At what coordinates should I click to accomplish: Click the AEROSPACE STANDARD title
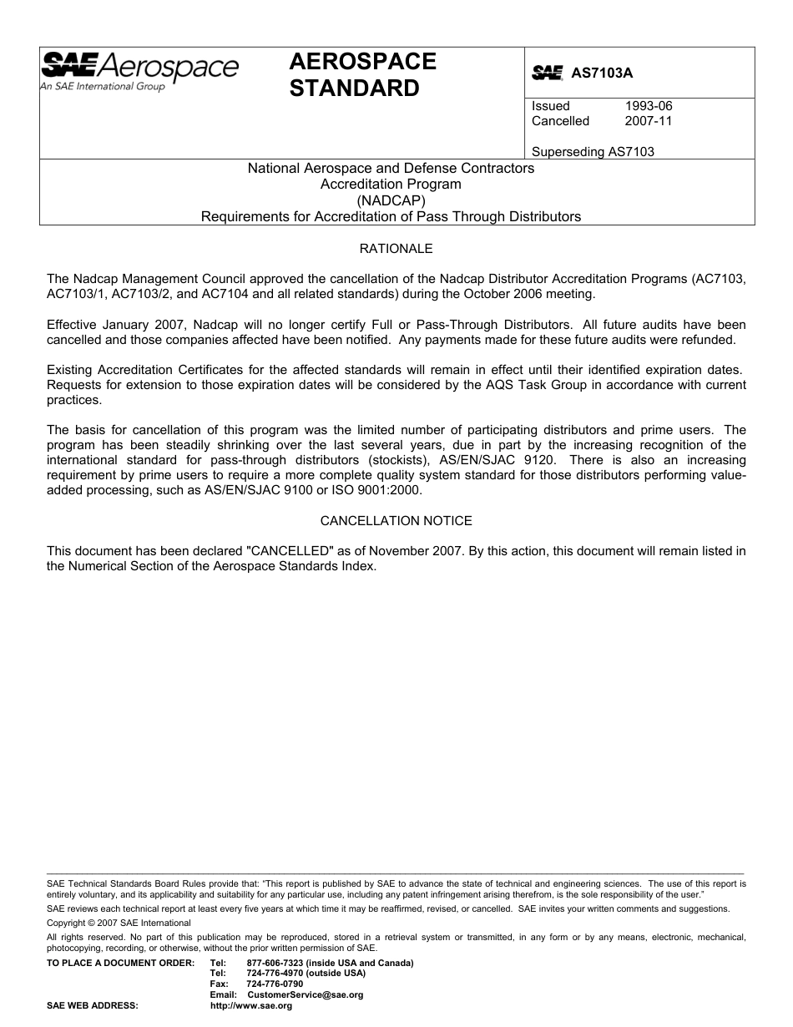362,75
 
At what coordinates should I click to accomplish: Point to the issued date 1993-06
649,106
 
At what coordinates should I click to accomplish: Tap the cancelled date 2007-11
649,121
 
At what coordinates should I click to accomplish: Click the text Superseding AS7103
593,152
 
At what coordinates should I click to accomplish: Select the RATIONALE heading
396,249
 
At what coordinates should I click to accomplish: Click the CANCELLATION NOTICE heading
396,521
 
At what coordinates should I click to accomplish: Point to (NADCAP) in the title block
391,200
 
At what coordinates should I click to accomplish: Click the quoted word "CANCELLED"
286,550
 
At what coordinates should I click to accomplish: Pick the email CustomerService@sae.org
306,995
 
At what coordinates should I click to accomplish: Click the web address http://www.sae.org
250,1006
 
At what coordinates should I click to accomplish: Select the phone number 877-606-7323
275,963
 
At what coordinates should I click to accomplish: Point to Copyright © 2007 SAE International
119,923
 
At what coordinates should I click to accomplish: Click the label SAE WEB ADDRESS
92,1006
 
